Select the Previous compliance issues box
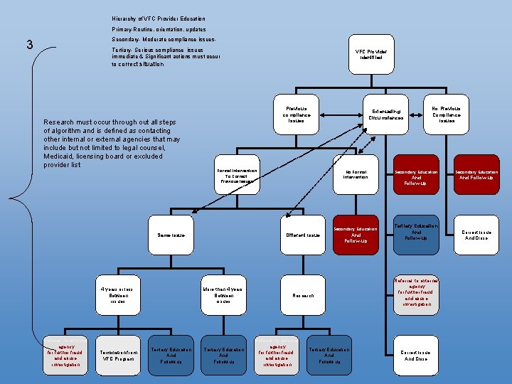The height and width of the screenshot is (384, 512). coord(296,114)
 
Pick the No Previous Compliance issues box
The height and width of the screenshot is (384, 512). coord(447,114)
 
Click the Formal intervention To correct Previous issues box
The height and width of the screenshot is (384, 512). coord(237,176)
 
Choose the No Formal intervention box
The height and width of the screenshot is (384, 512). coord(356,174)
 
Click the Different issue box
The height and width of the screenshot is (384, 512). coord(303,235)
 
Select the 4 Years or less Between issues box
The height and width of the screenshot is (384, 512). coord(117,295)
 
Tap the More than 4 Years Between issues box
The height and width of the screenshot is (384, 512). coord(223,295)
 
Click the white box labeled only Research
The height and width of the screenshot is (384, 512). coord(303,295)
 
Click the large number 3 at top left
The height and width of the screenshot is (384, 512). coord(29,45)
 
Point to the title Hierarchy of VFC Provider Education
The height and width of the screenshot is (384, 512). coord(159,18)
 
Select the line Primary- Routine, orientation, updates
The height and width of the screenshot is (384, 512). coord(159,29)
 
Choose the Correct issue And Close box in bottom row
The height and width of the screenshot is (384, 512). coord(415,355)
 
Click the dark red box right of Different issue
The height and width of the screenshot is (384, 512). coord(356,235)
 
